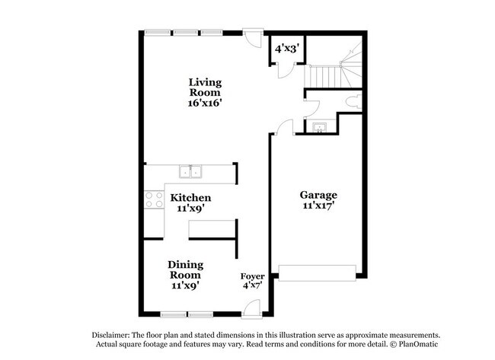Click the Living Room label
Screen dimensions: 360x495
tap(206, 87)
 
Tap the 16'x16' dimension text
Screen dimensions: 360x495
tap(206, 103)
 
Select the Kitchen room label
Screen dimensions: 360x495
tap(190, 197)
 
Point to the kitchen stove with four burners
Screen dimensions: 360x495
tap(155, 199)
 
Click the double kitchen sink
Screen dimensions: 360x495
tap(190, 171)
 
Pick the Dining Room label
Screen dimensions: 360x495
tap(185, 269)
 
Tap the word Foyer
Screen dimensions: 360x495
tap(252, 276)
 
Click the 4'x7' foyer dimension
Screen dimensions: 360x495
tap(252, 287)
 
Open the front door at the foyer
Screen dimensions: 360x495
tap(251, 308)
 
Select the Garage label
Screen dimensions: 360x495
tap(318, 195)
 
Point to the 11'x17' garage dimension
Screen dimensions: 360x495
tap(318, 205)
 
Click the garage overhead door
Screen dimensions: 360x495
tap(318, 272)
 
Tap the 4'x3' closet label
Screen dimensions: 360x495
tap(286, 48)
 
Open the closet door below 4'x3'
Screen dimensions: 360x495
tap(284, 70)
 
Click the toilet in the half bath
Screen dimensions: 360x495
tap(352, 100)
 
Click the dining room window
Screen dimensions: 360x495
tap(187, 314)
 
